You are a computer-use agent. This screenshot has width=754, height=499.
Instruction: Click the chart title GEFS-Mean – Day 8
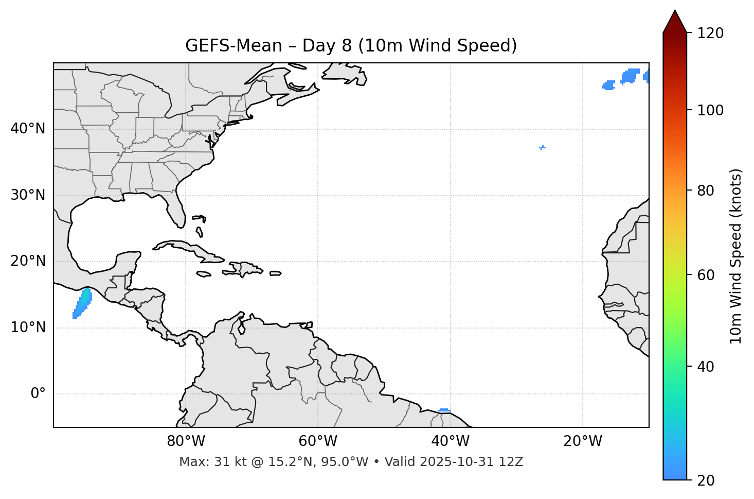[x=351, y=46]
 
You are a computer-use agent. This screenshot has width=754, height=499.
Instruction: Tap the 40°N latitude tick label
[x=28, y=129]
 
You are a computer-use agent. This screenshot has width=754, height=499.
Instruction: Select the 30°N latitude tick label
[x=28, y=195]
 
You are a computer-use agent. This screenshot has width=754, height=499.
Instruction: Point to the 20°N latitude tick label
[x=28, y=261]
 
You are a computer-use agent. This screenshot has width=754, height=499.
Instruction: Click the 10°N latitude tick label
[x=28, y=328]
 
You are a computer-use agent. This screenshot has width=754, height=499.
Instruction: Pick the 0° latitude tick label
[x=38, y=394]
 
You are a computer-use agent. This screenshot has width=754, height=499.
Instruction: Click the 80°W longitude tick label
[x=186, y=441]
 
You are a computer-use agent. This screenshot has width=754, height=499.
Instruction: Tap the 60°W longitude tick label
[x=318, y=441]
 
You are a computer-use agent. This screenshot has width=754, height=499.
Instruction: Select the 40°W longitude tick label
[x=450, y=441]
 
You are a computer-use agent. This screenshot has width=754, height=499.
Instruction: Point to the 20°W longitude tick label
[x=582, y=441]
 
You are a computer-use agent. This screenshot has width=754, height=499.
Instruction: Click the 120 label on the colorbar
[x=710, y=33]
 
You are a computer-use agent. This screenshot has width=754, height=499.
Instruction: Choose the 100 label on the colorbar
[x=710, y=110]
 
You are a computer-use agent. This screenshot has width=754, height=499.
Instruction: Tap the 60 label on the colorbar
[x=707, y=275]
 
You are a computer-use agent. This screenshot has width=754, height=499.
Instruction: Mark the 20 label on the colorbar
[x=707, y=480]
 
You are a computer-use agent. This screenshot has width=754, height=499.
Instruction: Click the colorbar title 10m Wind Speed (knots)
[x=736, y=256]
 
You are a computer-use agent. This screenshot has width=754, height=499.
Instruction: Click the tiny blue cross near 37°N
[x=542, y=147]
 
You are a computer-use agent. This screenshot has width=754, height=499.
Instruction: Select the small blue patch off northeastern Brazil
[x=444, y=410]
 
